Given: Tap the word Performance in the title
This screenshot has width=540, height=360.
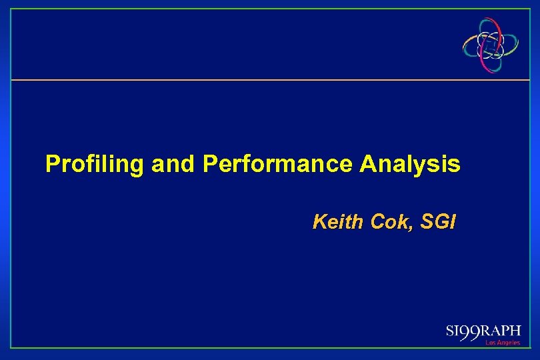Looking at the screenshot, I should (x=279, y=163).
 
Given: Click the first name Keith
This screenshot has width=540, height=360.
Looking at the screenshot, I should (x=336, y=221).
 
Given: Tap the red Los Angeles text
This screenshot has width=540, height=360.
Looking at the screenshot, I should (x=502, y=343).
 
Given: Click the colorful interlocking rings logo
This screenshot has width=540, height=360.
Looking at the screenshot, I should (x=492, y=45).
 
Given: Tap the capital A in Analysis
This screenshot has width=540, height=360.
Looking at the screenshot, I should (x=368, y=163).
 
